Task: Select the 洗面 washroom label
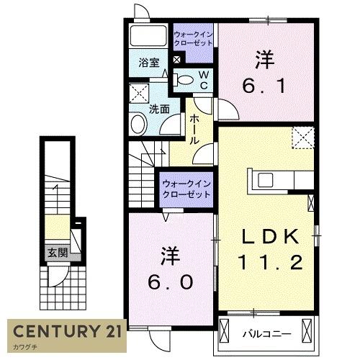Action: tap(159, 109)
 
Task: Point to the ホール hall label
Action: tap(194, 131)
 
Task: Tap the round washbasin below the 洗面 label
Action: tap(138, 125)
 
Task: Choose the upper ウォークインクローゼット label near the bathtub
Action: tap(193, 38)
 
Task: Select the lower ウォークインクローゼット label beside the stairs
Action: tap(186, 189)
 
